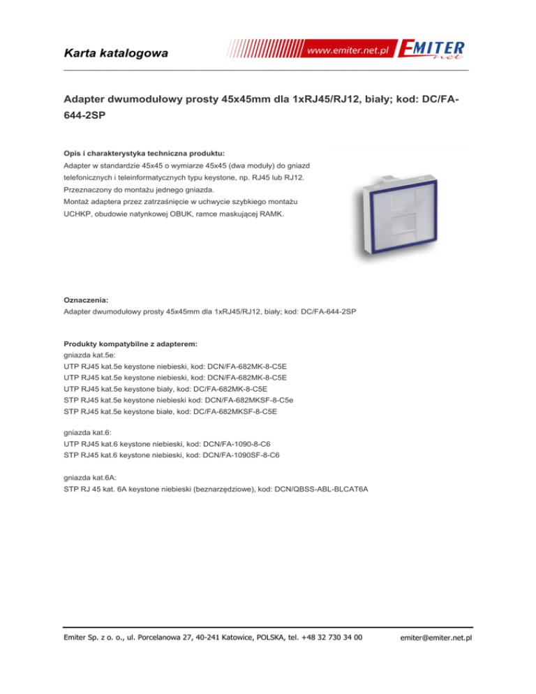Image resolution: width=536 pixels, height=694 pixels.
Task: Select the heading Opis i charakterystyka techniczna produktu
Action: (144, 153)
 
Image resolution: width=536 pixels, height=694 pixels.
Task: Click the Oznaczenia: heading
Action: (87, 300)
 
